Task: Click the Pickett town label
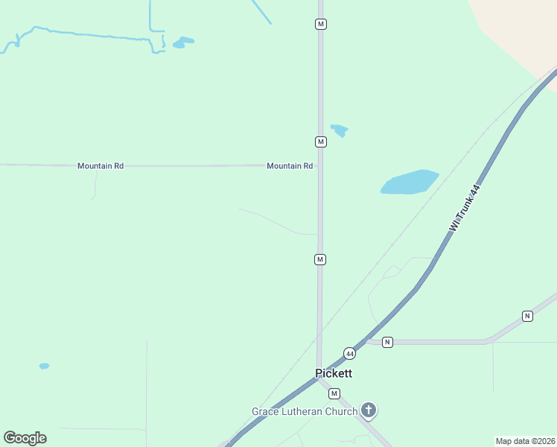(x=333, y=373)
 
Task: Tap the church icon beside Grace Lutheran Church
(x=368, y=410)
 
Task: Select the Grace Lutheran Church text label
(x=305, y=411)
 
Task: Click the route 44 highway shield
(x=349, y=352)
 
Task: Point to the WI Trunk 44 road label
(x=465, y=209)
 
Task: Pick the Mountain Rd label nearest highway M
(x=290, y=166)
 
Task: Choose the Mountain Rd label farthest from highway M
(x=101, y=166)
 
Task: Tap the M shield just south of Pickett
(x=334, y=393)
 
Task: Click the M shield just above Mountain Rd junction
(x=320, y=142)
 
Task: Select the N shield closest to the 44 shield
(x=387, y=342)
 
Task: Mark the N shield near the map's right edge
(x=527, y=316)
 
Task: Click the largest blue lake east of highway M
(x=409, y=183)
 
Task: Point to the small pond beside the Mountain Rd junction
(x=340, y=130)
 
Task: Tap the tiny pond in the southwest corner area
(x=44, y=366)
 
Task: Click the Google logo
(x=25, y=438)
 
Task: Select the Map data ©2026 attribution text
(x=525, y=441)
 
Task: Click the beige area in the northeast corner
(x=521, y=30)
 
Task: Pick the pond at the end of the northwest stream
(x=183, y=42)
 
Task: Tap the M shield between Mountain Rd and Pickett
(x=319, y=259)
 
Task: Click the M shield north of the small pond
(x=320, y=24)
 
